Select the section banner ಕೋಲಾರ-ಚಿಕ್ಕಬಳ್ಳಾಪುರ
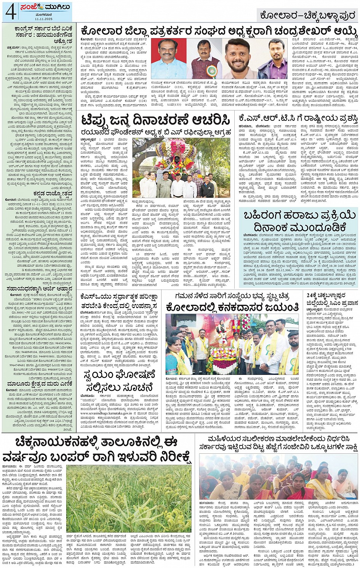(x=306, y=16)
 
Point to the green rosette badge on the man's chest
(x=210, y=70)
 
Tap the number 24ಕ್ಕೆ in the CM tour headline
(x=313, y=295)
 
